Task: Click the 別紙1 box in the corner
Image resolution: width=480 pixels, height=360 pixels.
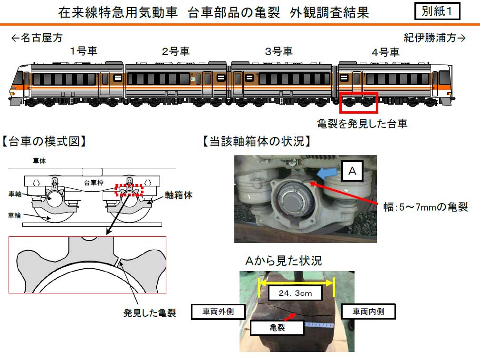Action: pos(437,11)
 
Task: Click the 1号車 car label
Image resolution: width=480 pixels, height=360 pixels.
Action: pos(84,51)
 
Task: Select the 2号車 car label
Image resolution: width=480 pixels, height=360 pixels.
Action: pos(176,51)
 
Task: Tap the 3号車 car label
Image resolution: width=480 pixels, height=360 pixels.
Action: pos(278,51)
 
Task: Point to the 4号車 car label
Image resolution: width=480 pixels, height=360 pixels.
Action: pos(385,52)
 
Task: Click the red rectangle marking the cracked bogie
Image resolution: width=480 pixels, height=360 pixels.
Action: pos(359,93)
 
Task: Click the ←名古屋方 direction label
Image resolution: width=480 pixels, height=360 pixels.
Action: pos(37,38)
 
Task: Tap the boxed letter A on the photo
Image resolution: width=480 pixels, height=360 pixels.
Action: pos(352,171)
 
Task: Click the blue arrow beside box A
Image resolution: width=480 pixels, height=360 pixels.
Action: pos(326,173)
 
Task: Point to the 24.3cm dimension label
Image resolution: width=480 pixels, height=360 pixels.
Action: pos(296,293)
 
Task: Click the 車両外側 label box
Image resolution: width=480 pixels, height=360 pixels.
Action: pos(218,311)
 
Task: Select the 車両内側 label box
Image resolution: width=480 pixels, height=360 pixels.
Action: pos(368,311)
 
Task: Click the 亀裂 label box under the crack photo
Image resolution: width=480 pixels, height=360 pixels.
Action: pos(278,328)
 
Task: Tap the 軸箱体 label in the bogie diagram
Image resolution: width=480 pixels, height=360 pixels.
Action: pos(179,195)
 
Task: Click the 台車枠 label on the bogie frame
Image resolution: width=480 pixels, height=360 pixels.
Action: pos(94,183)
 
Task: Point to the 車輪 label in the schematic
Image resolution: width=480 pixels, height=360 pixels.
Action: pos(14,215)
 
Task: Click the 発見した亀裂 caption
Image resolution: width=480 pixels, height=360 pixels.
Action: pos(150,313)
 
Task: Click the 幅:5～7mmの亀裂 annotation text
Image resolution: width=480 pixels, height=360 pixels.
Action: pos(425,207)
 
